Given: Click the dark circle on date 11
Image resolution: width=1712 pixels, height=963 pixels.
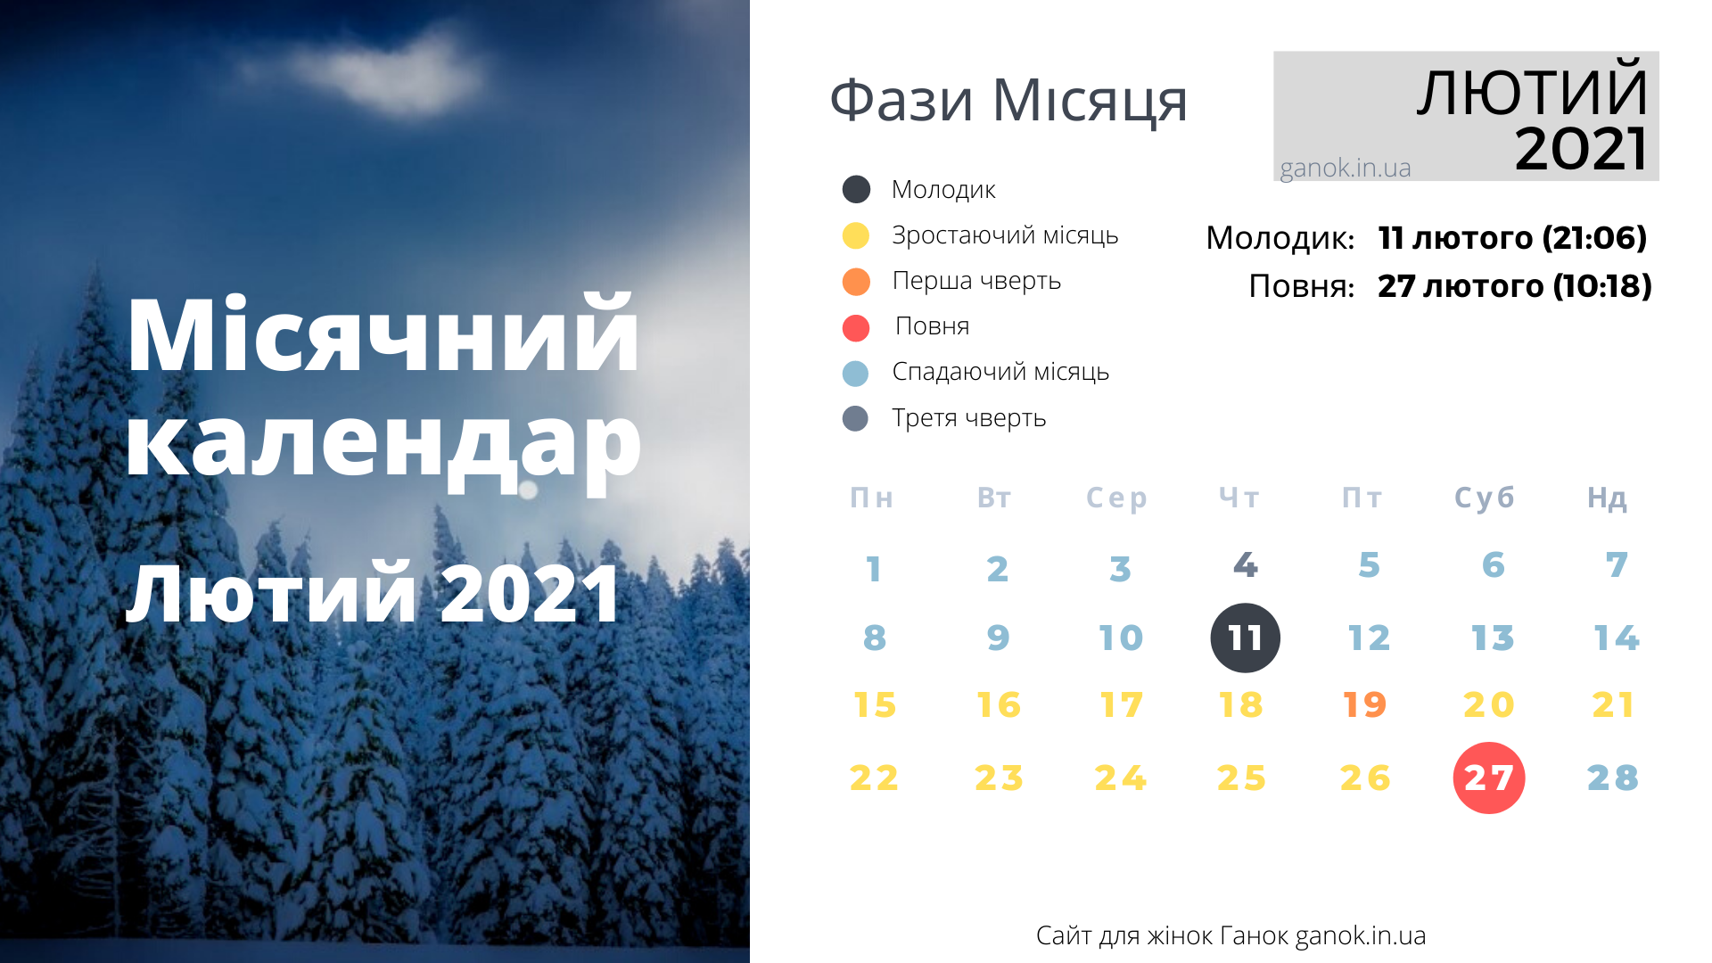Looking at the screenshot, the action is click(1245, 638).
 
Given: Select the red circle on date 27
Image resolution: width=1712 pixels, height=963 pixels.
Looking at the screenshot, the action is click(1489, 778).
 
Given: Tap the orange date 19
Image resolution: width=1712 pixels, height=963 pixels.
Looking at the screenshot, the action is click(1365, 704).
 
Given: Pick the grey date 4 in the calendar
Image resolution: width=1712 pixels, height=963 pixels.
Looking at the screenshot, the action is click(1246, 564).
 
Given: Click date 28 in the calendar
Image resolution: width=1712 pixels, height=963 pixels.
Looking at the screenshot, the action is click(1613, 778).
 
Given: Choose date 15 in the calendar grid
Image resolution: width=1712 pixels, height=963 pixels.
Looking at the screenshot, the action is click(875, 704).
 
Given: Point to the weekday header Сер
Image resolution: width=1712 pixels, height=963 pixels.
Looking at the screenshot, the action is click(1116, 498).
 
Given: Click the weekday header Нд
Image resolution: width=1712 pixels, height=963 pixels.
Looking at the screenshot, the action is click(1607, 498).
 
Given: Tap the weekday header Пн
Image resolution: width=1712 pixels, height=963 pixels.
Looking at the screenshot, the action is click(871, 498).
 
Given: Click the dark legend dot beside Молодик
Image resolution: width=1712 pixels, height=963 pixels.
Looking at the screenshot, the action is click(856, 189).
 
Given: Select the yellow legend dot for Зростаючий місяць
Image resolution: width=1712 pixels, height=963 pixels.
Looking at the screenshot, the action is click(856, 235).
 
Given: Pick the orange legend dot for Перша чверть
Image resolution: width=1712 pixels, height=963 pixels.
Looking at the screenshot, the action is click(856, 282).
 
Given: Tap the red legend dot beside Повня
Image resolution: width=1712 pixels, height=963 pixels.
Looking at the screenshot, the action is click(856, 328).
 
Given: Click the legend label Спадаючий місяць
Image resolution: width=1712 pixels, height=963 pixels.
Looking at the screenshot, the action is click(1000, 372).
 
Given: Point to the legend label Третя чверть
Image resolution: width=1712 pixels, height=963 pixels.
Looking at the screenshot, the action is click(969, 418).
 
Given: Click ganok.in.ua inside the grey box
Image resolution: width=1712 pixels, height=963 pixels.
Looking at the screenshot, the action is click(1346, 168).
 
